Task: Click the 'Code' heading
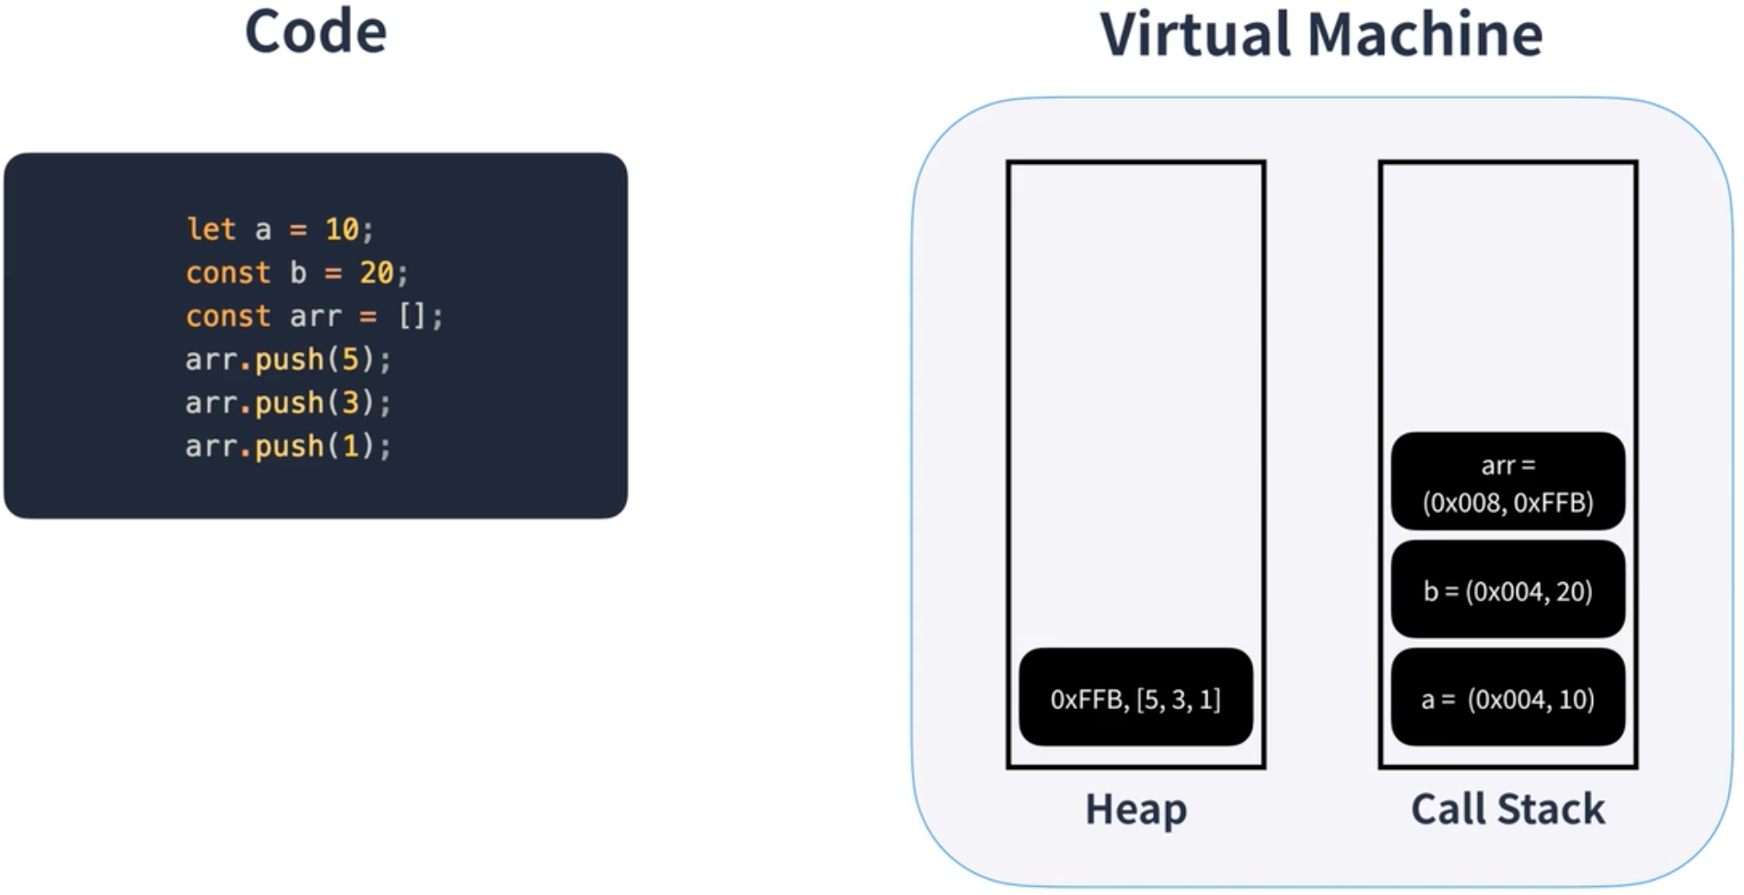(x=316, y=32)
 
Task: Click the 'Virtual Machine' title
(x=1320, y=35)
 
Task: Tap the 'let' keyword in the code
(x=211, y=229)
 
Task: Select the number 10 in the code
(x=342, y=229)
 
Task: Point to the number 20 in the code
(x=376, y=273)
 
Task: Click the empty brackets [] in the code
(x=412, y=317)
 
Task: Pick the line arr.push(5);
(x=288, y=359)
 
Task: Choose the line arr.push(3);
(x=288, y=402)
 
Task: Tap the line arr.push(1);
(x=288, y=447)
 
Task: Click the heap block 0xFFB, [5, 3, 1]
(x=1135, y=698)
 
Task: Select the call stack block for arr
(x=1507, y=482)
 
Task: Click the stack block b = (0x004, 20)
(x=1507, y=590)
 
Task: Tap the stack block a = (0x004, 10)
(x=1507, y=698)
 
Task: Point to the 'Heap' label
(x=1135, y=809)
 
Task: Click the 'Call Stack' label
(x=1507, y=809)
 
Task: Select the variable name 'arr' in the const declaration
(x=316, y=317)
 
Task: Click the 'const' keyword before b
(x=227, y=273)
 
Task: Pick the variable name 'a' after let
(x=263, y=229)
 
